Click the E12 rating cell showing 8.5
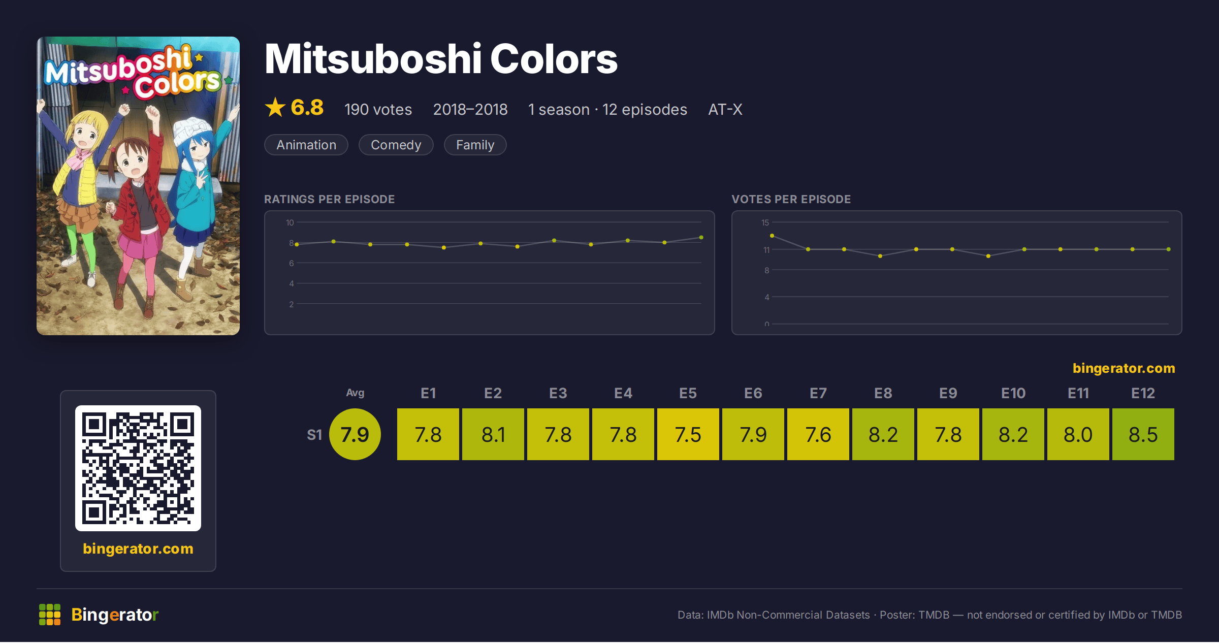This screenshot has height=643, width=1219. [1143, 434]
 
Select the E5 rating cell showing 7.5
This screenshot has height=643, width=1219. [688, 434]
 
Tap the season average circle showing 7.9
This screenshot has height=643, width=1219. [355, 434]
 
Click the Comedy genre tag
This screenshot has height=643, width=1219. [396, 145]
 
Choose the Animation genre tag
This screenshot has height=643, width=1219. [306, 145]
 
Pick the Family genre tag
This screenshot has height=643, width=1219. [475, 145]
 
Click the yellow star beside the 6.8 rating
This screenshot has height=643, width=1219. [275, 107]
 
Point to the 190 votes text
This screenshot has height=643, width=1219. [378, 109]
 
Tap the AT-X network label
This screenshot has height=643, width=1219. [725, 109]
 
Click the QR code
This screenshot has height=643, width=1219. [138, 468]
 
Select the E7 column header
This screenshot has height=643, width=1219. [818, 393]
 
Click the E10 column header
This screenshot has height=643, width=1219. [1013, 393]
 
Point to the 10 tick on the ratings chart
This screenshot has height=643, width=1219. [290, 222]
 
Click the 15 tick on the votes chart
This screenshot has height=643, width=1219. [765, 222]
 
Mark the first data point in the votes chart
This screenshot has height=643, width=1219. [772, 236]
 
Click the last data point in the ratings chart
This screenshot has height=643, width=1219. [701, 237]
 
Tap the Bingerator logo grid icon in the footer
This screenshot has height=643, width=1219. [50, 615]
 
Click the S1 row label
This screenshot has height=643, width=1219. [314, 435]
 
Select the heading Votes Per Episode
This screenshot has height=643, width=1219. [791, 199]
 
